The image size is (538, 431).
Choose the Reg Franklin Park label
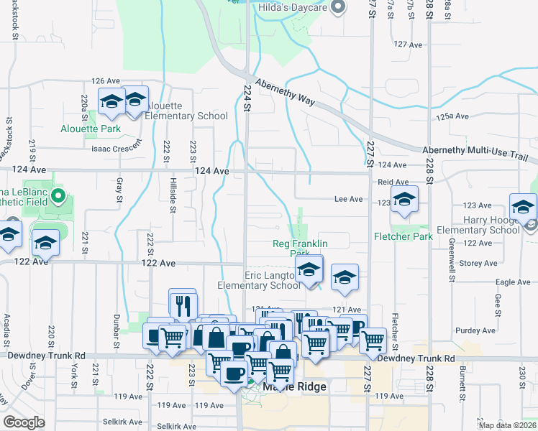(299, 249)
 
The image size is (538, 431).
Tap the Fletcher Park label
(402, 236)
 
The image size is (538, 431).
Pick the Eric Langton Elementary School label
(259, 280)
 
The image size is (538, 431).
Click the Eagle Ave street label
(514, 282)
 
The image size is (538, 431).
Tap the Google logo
(24, 422)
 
